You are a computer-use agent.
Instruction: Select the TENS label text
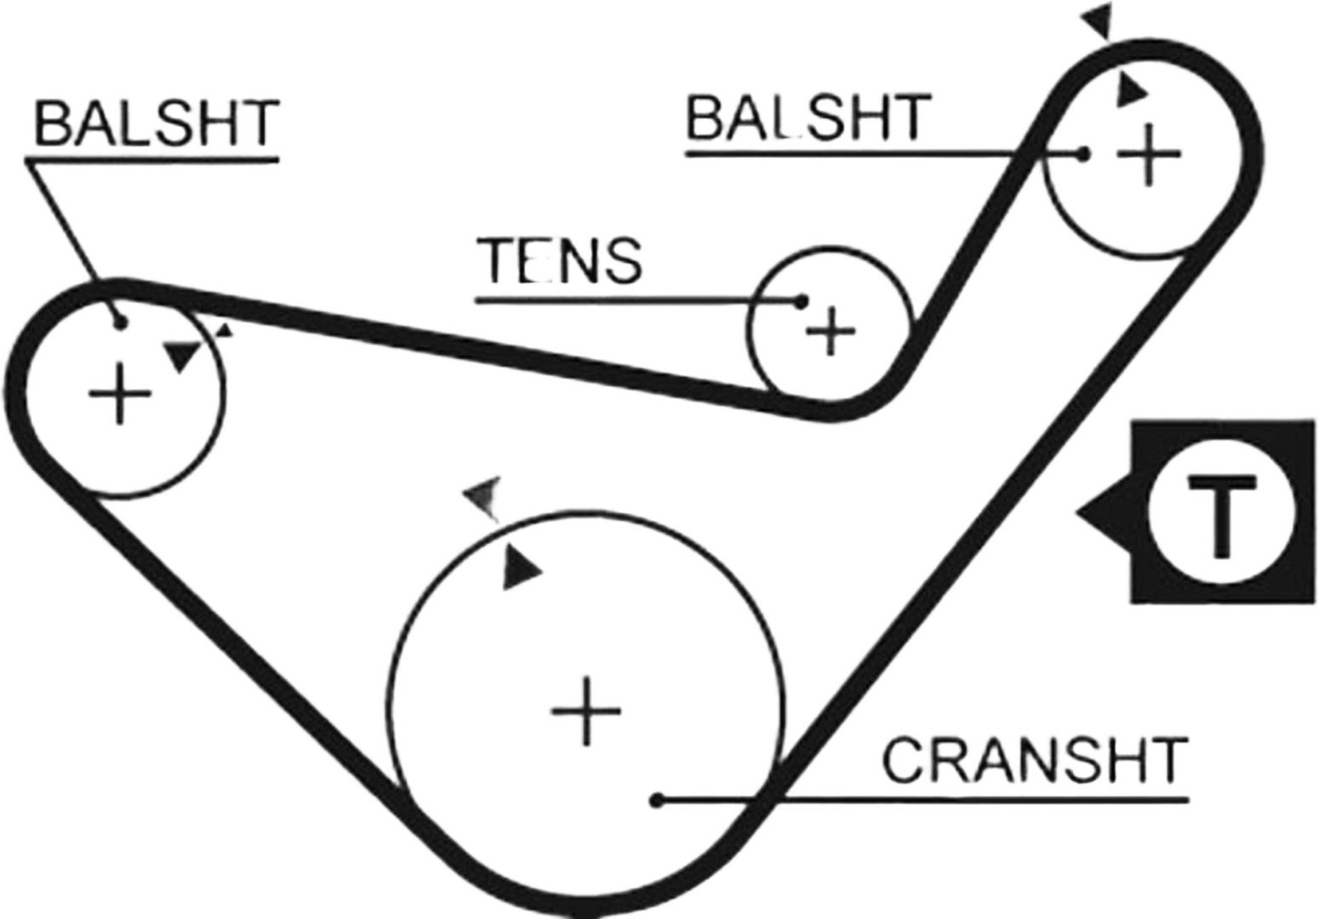click(x=559, y=261)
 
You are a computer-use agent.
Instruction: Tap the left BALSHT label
click(x=157, y=123)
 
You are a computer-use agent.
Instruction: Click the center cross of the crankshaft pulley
click(x=585, y=711)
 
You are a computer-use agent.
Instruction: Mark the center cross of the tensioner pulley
click(x=830, y=332)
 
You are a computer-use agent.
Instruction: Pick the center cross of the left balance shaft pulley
click(x=120, y=393)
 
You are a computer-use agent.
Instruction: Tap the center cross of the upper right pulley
click(x=1148, y=155)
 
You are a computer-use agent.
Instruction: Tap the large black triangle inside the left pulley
click(x=183, y=356)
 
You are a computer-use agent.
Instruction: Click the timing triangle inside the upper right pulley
click(x=1131, y=91)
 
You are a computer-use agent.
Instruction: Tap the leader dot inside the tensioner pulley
click(x=800, y=302)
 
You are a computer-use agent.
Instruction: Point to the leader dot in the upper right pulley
click(x=1082, y=155)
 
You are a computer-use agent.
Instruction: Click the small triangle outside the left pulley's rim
click(x=225, y=330)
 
